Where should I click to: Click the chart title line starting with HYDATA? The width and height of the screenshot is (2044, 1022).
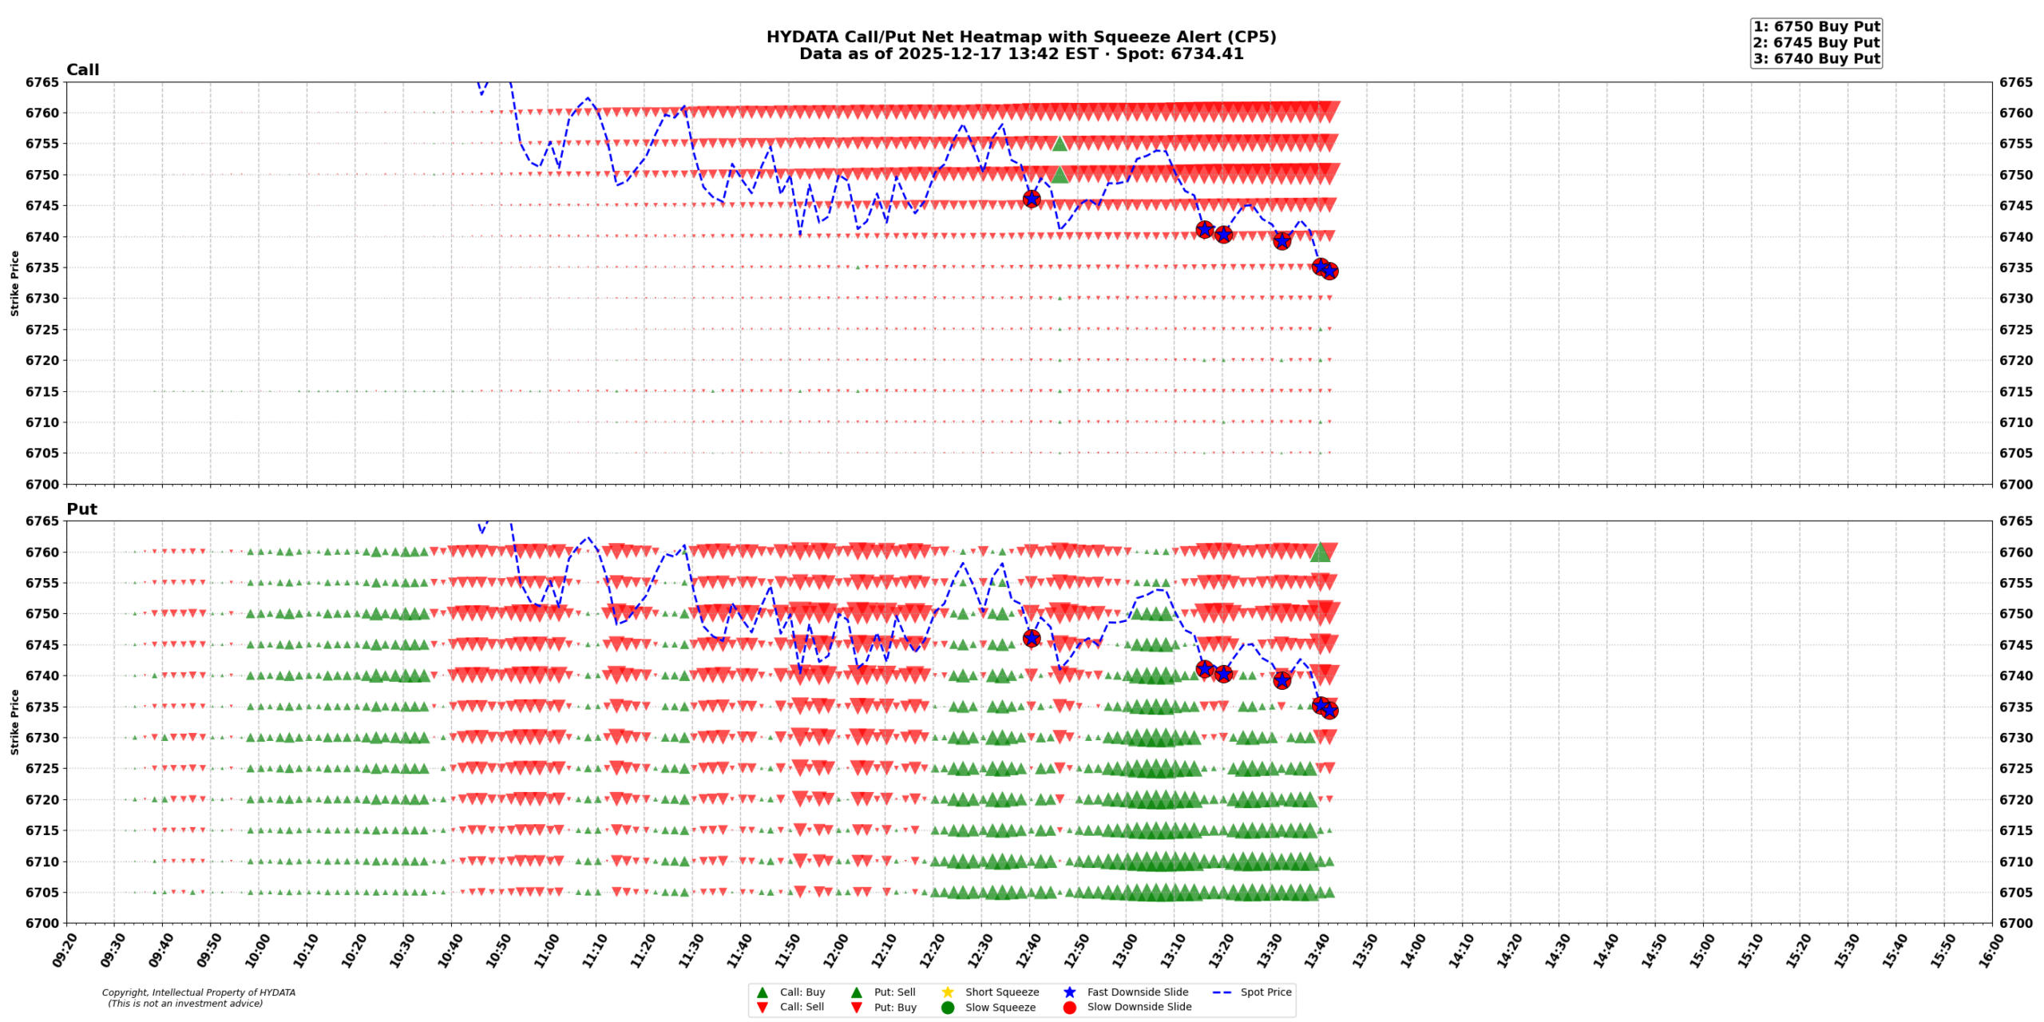[x=1021, y=37]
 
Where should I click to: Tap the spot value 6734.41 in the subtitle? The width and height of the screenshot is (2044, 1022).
[x=1209, y=54]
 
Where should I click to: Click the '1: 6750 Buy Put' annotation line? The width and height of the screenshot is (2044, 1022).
[x=1816, y=26]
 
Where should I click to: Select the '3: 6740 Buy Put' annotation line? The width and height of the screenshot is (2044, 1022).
[x=1816, y=58]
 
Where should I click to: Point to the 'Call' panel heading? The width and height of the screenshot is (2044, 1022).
[x=82, y=70]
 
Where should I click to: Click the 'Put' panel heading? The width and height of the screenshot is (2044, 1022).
[x=81, y=509]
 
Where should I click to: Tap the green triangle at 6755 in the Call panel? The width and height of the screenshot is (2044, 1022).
[x=1060, y=143]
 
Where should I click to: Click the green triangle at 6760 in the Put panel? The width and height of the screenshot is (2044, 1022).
[x=1320, y=552]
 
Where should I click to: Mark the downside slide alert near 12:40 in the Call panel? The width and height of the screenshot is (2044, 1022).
[x=1032, y=199]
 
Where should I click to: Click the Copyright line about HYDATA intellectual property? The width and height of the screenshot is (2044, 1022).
[x=198, y=992]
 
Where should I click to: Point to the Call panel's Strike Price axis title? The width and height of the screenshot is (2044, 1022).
[x=14, y=283]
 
